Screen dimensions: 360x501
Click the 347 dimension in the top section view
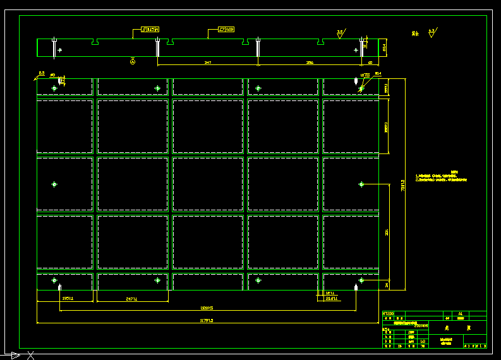click(208, 63)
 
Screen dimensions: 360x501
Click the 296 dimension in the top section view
click(309, 63)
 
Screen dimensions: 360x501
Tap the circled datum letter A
click(133, 61)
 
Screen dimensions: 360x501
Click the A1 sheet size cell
click(460, 313)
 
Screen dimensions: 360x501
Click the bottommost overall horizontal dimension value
click(207, 321)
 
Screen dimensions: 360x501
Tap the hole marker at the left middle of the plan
click(54, 184)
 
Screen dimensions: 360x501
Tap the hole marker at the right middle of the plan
click(361, 184)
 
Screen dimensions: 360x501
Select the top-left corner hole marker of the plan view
click(54, 88)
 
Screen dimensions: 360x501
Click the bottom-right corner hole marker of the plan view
click(361, 280)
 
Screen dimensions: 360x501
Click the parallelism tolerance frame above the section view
click(150, 29)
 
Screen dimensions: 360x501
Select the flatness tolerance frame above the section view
click(226, 29)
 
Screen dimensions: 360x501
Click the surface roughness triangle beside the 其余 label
click(432, 32)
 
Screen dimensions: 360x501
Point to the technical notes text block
click(441, 177)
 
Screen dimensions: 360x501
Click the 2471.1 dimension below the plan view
click(132, 299)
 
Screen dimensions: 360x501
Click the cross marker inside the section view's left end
click(59, 49)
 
